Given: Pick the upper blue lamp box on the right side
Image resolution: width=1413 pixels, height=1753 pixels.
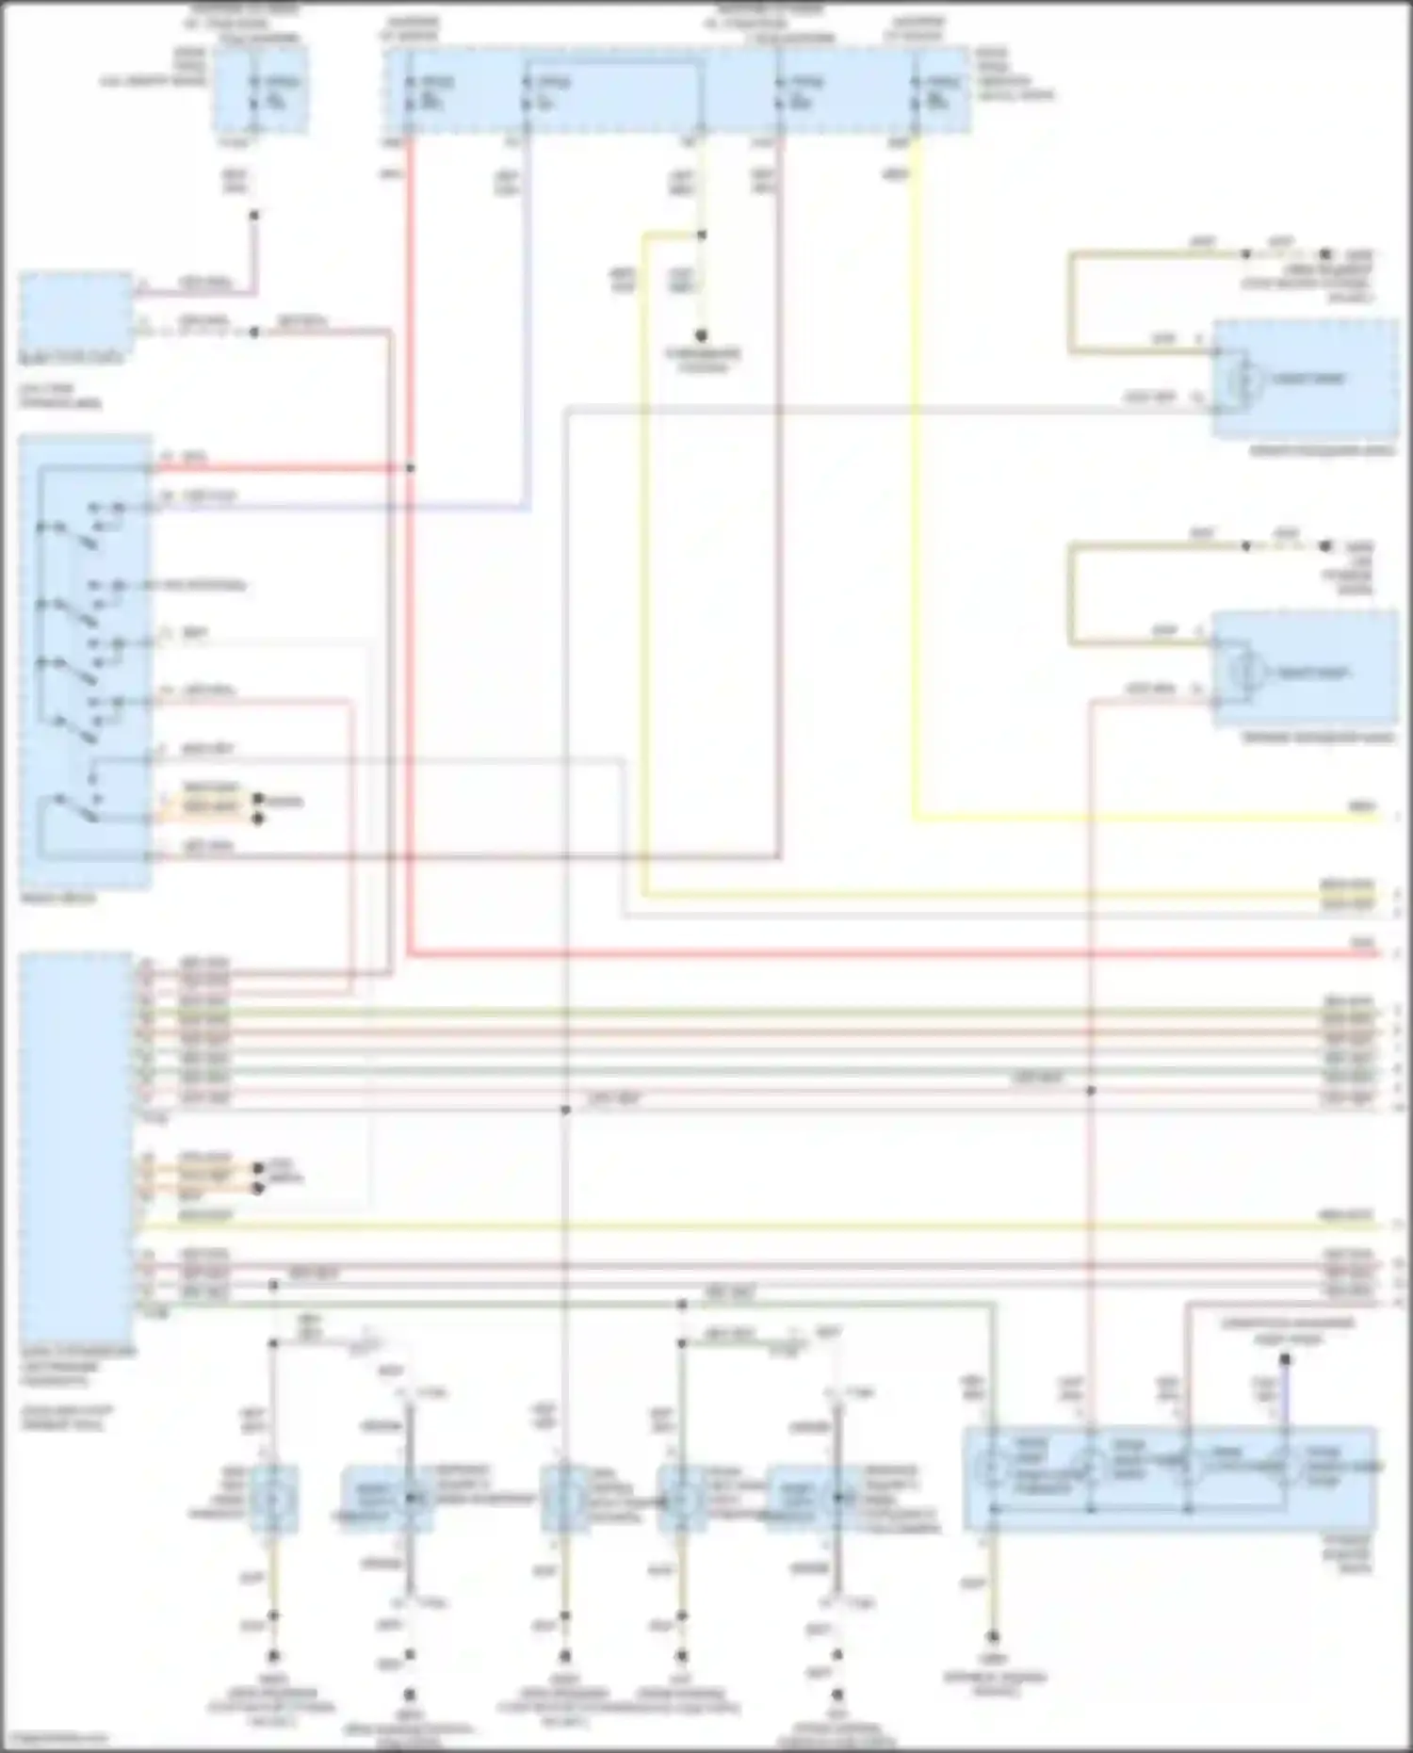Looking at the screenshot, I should (x=1304, y=379).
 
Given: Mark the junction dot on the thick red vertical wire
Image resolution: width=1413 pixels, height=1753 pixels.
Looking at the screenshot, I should (x=410, y=468).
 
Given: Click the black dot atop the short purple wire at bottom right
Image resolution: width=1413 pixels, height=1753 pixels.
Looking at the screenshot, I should (x=1284, y=1359).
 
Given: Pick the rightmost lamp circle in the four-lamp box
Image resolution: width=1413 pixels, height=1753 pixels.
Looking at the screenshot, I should (x=1282, y=1468).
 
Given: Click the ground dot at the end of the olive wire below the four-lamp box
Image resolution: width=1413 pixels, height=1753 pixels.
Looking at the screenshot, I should (x=992, y=1637).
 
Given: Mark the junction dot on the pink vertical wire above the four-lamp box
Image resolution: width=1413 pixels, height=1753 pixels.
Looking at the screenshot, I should (x=1091, y=1091).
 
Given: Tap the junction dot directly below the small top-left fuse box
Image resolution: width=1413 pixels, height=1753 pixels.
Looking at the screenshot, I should (x=253, y=216).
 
